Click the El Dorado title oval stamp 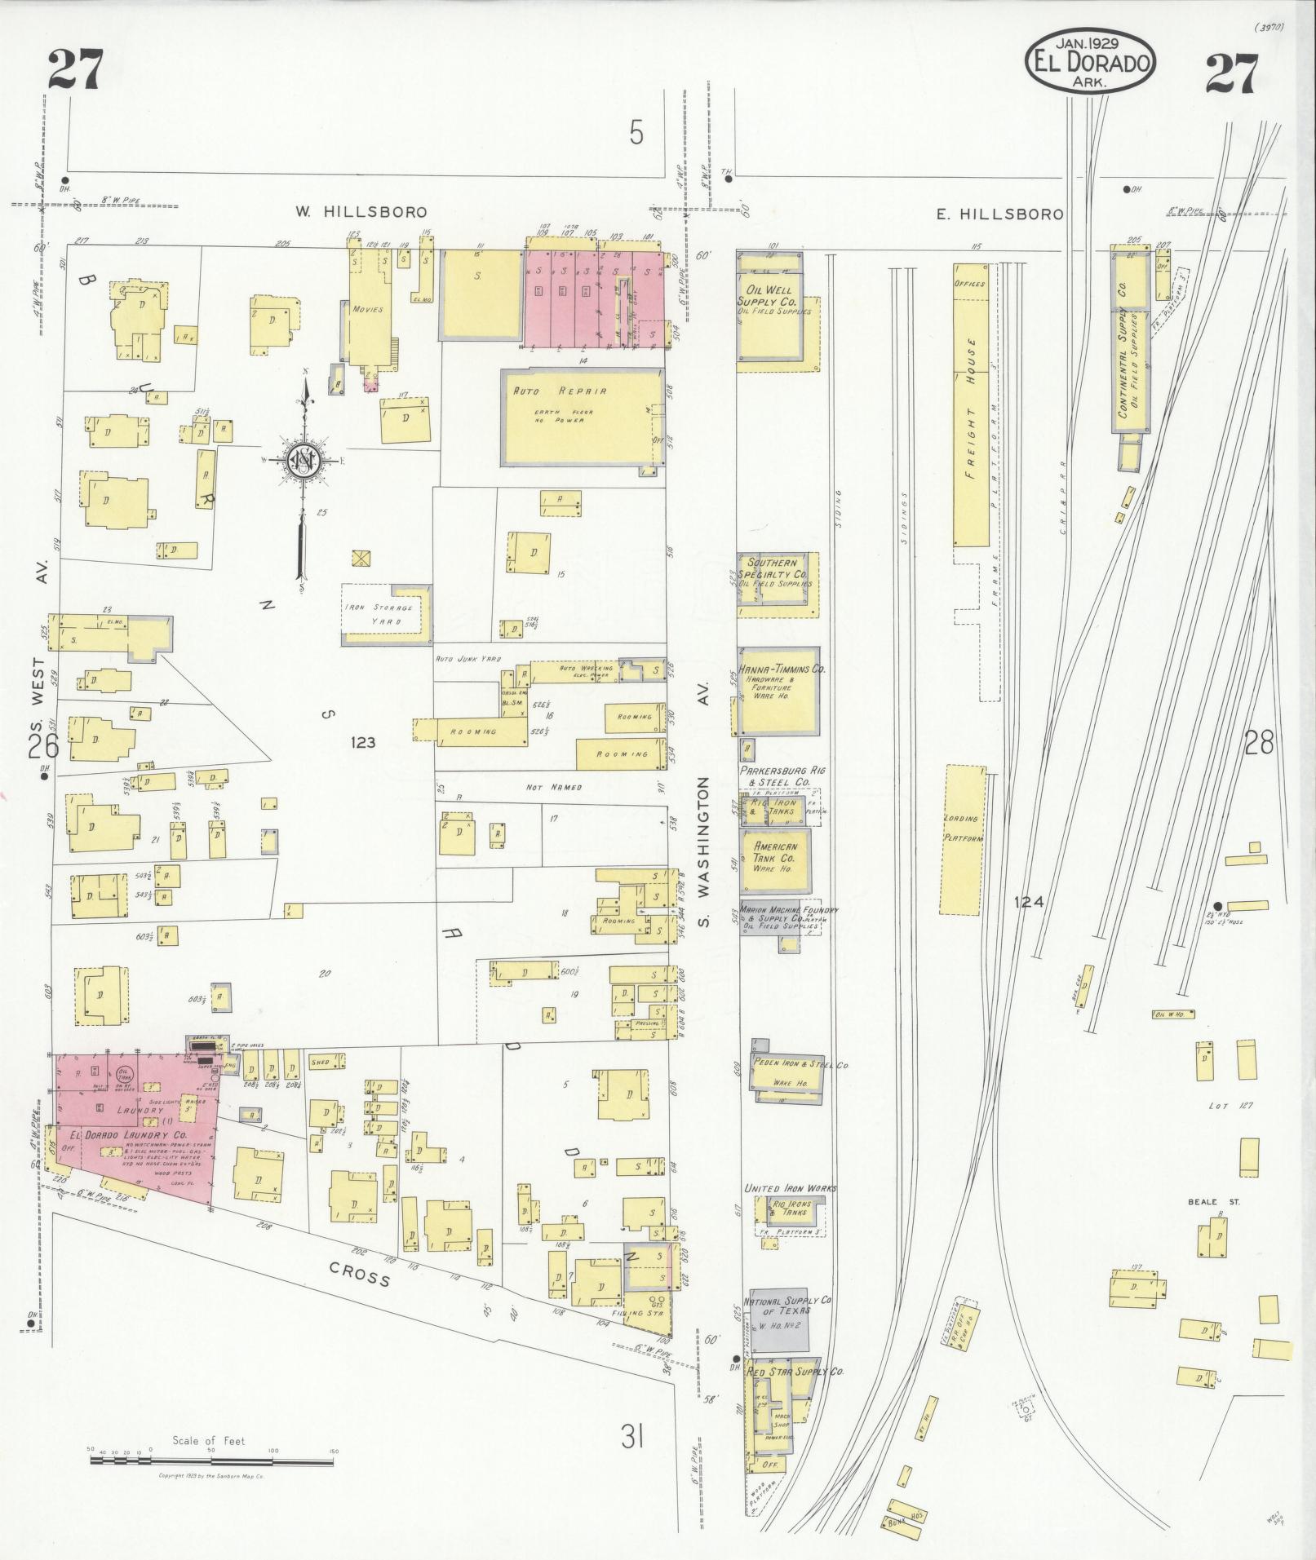coord(1090,62)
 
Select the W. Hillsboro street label coord(361,212)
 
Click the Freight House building coord(971,404)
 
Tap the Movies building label coord(367,310)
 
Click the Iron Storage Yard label coord(382,614)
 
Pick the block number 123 coord(362,742)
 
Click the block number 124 coord(1029,902)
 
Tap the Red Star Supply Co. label coord(795,1372)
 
